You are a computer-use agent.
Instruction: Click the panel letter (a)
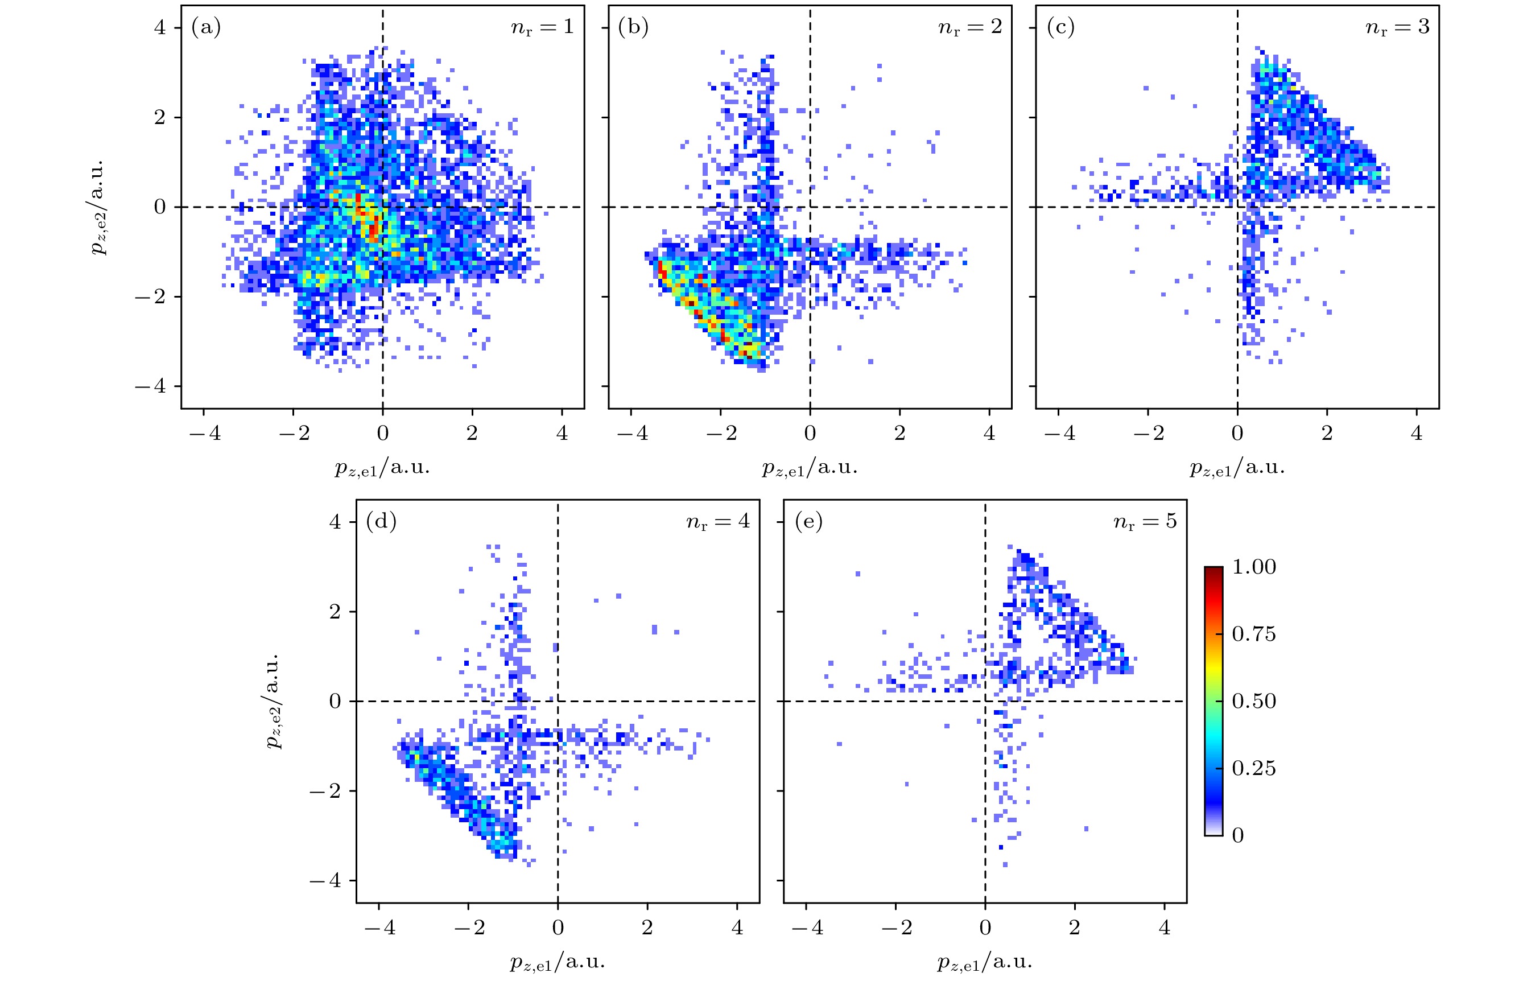pos(205,27)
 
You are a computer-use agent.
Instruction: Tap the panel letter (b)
pos(633,27)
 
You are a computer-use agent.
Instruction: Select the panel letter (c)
pos(1060,27)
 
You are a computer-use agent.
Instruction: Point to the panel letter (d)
pos(381,522)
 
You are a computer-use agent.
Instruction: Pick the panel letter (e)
pos(808,522)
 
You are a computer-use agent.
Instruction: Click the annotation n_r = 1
pos(542,27)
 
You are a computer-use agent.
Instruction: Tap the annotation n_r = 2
pos(969,27)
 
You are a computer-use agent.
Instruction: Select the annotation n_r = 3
pos(1397,27)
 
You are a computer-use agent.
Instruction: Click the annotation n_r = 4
pos(717,522)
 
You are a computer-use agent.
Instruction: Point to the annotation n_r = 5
pos(1145,522)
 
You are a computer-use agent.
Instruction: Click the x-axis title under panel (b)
pos(809,468)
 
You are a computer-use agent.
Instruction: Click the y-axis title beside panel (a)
pos(96,207)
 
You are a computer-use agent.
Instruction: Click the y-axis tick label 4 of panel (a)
pos(159,27)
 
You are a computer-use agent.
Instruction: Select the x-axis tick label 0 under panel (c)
pos(1237,433)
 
